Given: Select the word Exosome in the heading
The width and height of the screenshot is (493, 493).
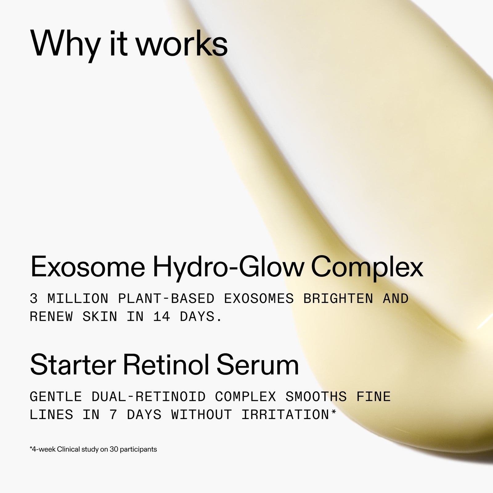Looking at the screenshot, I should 88,267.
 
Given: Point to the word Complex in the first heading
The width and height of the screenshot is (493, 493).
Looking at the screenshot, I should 367,267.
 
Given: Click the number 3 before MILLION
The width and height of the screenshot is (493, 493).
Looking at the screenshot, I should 34,299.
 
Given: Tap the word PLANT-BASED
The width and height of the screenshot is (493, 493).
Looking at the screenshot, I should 166,299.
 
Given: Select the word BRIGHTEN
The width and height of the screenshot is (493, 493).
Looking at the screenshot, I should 338,299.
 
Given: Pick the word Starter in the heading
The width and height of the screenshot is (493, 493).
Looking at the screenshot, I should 73,365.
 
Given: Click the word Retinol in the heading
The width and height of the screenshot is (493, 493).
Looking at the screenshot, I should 166,365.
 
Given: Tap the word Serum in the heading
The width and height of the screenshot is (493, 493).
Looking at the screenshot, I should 258,365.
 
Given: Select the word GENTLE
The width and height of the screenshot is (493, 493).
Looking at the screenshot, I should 56,397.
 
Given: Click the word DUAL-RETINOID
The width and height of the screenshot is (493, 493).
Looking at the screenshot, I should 149,397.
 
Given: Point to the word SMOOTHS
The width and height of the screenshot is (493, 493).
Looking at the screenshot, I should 316,397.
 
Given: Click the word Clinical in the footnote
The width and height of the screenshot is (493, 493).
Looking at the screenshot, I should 68,449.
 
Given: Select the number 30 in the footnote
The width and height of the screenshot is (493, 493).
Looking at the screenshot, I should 114,449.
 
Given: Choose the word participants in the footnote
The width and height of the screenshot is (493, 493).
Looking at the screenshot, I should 138,449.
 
